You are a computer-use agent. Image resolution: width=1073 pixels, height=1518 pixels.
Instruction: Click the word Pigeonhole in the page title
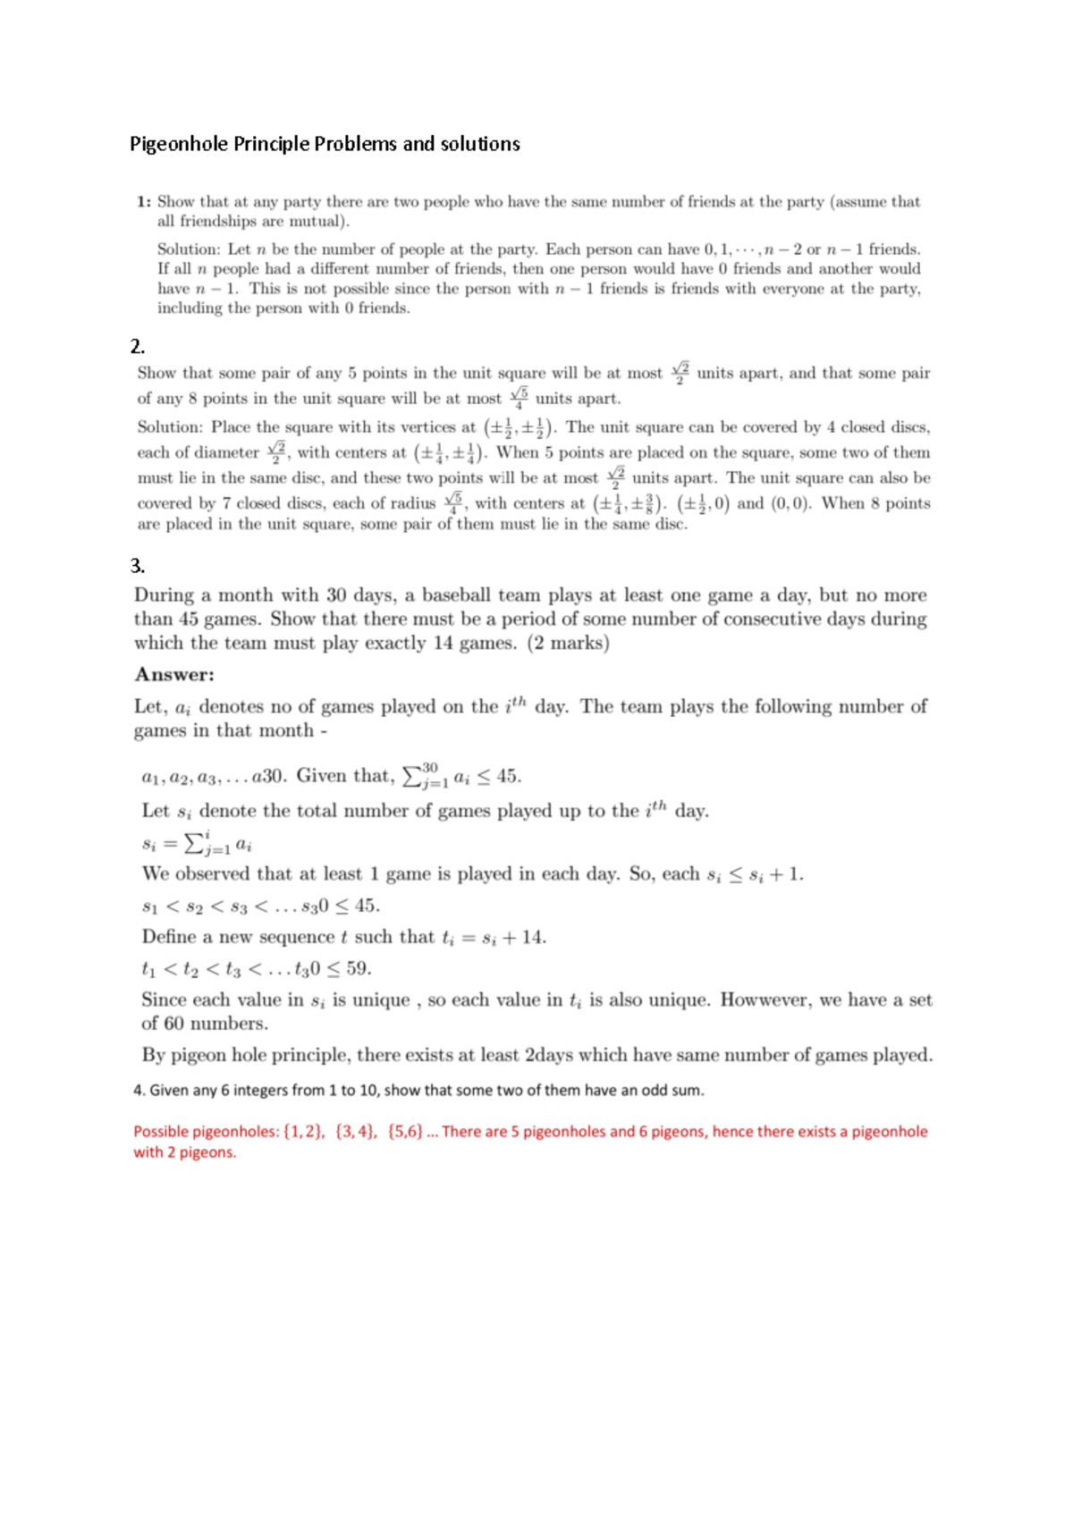pos(179,144)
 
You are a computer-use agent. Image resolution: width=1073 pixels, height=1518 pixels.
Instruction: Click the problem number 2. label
pos(138,347)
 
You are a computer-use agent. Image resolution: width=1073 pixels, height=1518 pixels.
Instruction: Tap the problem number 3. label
pos(138,566)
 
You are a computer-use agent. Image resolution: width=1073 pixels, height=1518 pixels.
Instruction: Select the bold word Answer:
pos(174,675)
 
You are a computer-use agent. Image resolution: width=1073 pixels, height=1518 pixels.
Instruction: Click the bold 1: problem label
pos(144,202)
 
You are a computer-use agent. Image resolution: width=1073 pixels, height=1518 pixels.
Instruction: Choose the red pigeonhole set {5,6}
pos(406,1132)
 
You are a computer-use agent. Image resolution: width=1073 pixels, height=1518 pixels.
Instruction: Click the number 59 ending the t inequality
pos(358,969)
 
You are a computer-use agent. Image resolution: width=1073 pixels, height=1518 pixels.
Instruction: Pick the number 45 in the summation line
pos(508,776)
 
